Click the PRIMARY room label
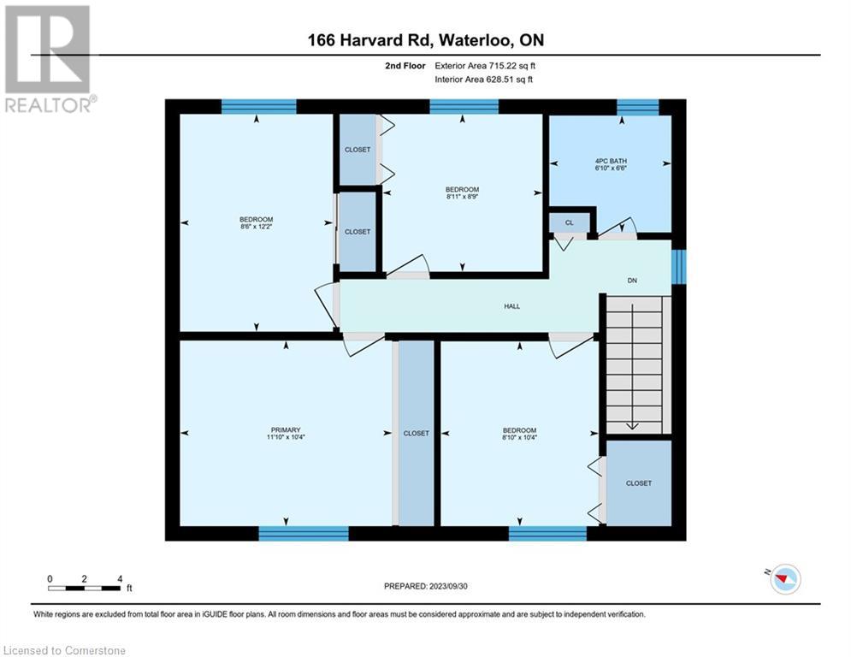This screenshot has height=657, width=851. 286,430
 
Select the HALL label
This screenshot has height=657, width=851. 511,305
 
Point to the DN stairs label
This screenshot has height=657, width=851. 633,281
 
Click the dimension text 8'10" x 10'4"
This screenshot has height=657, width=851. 519,438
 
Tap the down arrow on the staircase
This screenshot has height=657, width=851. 633,423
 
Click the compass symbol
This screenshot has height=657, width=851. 783,578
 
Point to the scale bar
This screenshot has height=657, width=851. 85,588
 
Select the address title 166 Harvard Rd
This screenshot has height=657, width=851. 425,40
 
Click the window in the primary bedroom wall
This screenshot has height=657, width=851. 304,533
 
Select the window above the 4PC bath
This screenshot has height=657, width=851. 637,106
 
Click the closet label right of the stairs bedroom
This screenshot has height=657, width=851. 638,483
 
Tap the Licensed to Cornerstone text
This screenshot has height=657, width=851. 65,651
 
